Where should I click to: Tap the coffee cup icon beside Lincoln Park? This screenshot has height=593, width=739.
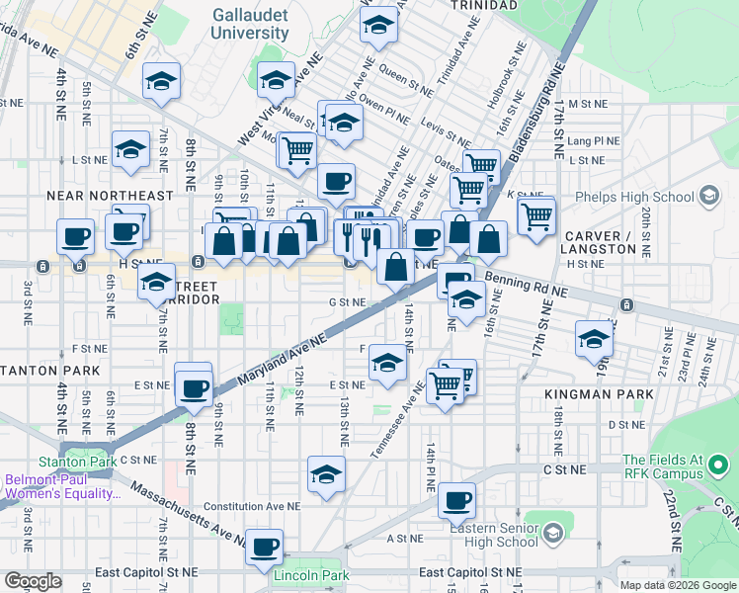(264, 546)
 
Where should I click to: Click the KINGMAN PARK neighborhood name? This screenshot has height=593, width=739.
(599, 393)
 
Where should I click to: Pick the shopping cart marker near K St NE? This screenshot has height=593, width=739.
(535, 214)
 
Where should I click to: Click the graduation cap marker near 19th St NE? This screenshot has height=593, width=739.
(593, 338)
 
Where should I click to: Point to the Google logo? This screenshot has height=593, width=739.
(33, 580)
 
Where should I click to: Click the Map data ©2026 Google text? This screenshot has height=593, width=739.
(677, 585)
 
